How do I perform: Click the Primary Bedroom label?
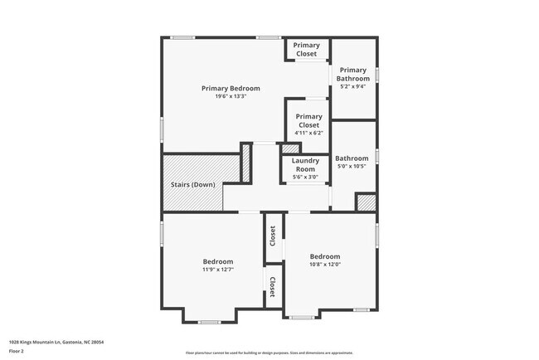coord(231,88)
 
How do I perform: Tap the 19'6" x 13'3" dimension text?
coord(231,96)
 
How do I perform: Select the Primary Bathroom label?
coord(353,74)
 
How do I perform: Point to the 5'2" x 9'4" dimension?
coord(353,86)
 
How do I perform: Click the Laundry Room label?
coord(305,164)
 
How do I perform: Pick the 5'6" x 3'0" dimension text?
coord(305,177)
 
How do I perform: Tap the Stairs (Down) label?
coord(192,184)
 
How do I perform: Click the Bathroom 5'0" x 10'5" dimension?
coord(352,166)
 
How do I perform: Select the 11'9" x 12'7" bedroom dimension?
coord(218,269)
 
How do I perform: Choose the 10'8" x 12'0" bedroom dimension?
coord(325,265)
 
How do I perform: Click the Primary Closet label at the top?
coord(306,50)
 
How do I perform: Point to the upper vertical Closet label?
coord(271,236)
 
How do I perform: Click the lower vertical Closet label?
coord(271,287)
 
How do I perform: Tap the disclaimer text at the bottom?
coord(269,353)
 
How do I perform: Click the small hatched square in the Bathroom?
coord(365,202)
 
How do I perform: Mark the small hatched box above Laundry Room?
coord(290,149)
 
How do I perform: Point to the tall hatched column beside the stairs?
coord(245,163)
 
